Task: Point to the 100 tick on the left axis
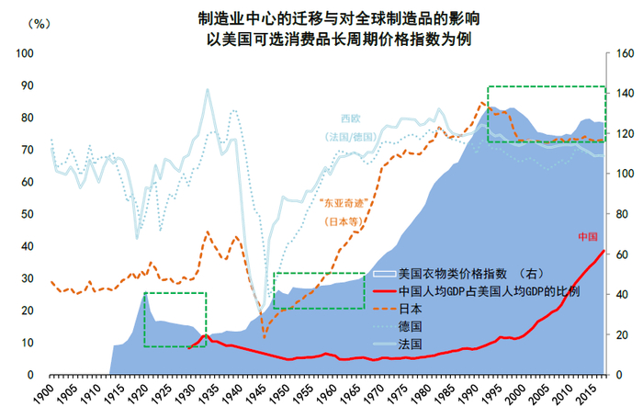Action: coord(25,53)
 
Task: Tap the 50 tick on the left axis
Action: coord(28,214)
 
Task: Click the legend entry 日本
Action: coord(412,309)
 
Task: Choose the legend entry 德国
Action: coord(412,326)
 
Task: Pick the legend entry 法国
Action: coord(412,344)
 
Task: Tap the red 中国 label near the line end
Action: coord(588,237)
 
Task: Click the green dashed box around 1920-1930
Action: coord(175,320)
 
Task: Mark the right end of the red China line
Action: coord(604,251)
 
